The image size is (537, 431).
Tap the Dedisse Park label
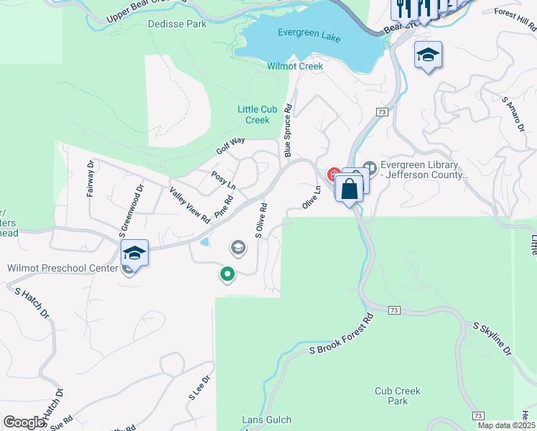177,24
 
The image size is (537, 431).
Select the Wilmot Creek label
295,66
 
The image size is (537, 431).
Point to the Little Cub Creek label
253,114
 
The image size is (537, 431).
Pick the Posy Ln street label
223,180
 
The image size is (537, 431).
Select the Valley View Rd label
190,204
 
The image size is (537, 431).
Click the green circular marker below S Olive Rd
228,274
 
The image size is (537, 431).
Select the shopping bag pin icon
350,190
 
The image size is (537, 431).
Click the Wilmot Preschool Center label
62,268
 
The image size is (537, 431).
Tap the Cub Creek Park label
397,396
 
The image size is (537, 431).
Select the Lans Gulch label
266,420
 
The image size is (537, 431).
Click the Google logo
24,422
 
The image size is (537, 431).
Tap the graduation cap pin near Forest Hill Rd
429,55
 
